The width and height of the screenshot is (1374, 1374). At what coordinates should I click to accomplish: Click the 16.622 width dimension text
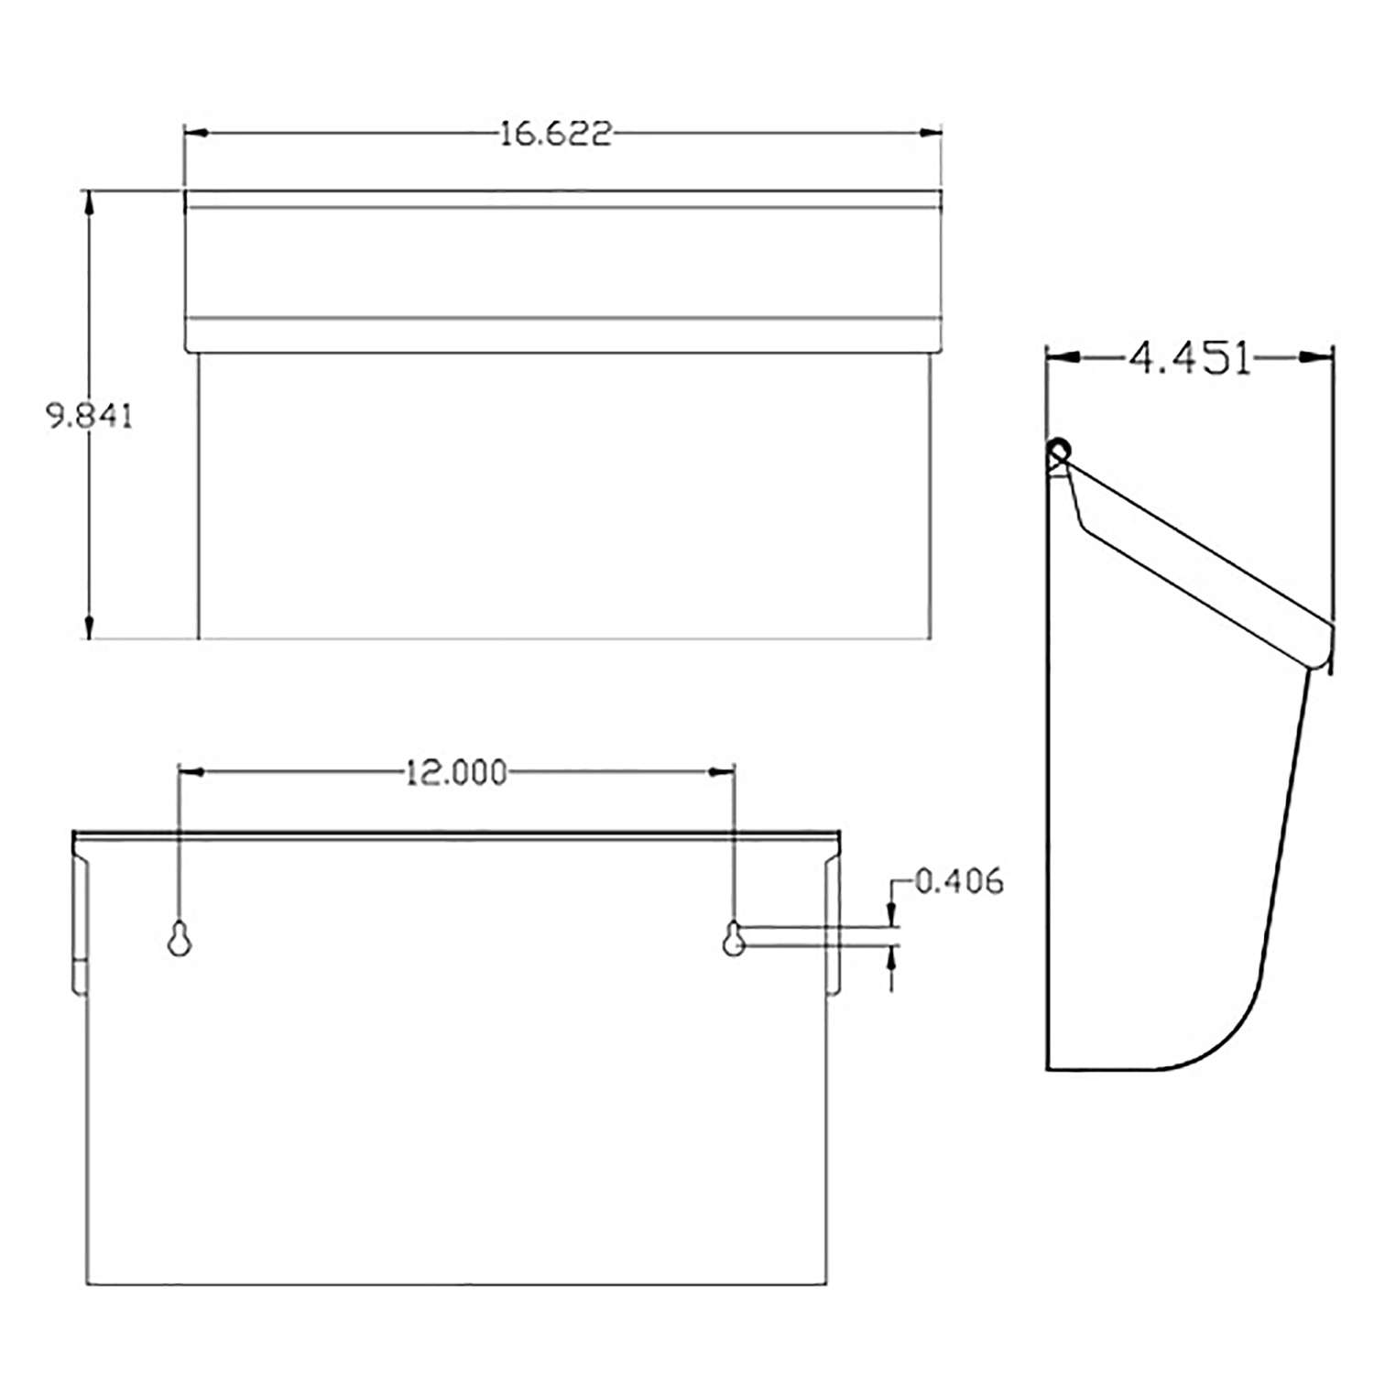pyautogui.click(x=555, y=135)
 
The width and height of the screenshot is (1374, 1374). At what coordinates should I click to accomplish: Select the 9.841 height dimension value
pyautogui.click(x=90, y=417)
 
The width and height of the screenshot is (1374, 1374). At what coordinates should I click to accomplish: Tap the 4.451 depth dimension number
pyautogui.click(x=1189, y=358)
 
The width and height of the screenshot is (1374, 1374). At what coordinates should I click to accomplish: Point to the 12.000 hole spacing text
pyautogui.click(x=455, y=773)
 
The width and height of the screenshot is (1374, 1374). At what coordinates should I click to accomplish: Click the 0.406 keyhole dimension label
pyautogui.click(x=959, y=881)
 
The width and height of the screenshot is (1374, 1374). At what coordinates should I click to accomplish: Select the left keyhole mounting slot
pyautogui.click(x=180, y=938)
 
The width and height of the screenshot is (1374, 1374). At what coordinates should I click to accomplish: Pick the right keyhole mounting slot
pyautogui.click(x=733, y=938)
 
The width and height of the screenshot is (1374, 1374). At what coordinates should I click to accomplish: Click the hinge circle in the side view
pyautogui.click(x=1059, y=451)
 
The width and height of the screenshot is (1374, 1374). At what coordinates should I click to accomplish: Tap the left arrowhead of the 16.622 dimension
pyautogui.click(x=195, y=134)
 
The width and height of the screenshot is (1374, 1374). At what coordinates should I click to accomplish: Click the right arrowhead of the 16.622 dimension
pyautogui.click(x=932, y=134)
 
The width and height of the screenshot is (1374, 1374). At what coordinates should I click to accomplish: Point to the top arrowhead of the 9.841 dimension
pyautogui.click(x=89, y=202)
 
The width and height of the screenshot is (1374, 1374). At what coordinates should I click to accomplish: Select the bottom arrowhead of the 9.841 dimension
pyautogui.click(x=89, y=627)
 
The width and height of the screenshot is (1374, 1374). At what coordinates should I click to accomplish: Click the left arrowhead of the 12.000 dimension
pyautogui.click(x=190, y=772)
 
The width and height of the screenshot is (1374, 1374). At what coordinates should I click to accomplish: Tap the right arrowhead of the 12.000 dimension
pyautogui.click(x=723, y=772)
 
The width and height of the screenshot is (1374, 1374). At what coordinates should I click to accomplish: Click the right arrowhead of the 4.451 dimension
pyautogui.click(x=1321, y=357)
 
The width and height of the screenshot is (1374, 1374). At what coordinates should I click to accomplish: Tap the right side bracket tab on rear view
pyautogui.click(x=833, y=925)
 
